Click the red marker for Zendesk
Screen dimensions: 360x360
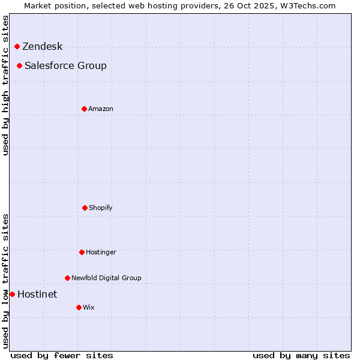17,47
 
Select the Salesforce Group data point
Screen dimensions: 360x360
19,65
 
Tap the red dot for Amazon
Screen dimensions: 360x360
84,109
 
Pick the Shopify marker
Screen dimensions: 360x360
85,208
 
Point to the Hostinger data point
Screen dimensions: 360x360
82,252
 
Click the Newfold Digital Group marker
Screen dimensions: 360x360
67,278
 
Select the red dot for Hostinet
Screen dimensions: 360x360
12,294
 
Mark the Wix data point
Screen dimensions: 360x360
79,307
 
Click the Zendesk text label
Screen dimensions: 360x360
42,47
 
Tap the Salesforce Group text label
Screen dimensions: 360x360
65,65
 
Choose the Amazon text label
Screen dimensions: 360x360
101,109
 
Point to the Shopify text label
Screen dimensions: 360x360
101,208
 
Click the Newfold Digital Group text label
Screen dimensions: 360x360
106,278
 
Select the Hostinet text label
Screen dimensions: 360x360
37,294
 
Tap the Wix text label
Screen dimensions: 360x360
89,307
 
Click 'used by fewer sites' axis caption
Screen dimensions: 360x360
62,355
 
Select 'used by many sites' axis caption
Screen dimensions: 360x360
301,355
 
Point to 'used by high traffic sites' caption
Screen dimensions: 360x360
5,85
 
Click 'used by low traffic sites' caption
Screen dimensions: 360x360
5,281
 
